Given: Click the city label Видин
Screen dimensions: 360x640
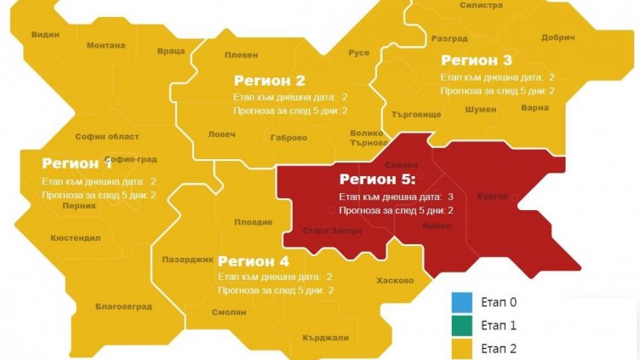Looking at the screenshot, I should tap(45, 35).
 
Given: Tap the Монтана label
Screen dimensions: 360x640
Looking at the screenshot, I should tap(106, 45).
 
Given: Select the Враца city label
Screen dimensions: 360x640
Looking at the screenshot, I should tap(171, 51).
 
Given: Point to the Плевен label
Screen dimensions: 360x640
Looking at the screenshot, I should tap(240, 54).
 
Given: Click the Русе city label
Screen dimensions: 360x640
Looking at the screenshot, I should tap(359, 53).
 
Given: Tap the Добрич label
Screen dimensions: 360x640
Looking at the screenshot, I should tap(557, 38).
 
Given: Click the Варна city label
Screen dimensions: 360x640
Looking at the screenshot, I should tap(534, 109).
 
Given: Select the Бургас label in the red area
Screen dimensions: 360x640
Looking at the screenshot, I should tap(494, 196).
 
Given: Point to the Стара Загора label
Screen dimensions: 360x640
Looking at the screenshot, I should tap(333, 231).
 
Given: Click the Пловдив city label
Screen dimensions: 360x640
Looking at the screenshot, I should tap(254, 222).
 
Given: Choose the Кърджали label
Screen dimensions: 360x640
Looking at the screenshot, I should tap(325, 338).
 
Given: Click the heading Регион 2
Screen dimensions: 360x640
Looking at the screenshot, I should tap(270, 81).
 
